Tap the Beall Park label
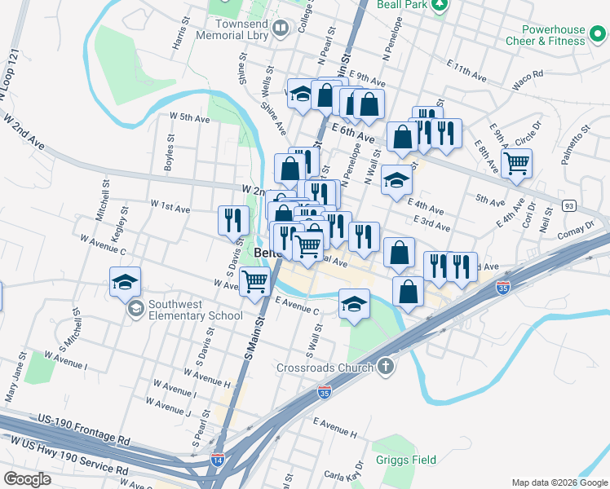click(x=403, y=5)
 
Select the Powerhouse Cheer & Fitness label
click(x=545, y=35)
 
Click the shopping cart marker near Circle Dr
click(x=516, y=163)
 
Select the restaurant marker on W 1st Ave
click(x=233, y=219)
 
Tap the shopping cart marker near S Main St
click(x=255, y=281)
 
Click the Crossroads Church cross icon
click(x=386, y=367)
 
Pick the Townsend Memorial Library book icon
click(x=281, y=29)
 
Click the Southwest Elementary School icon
click(x=135, y=309)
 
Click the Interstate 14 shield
click(x=218, y=460)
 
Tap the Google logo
click(x=27, y=478)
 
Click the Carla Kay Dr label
click(x=343, y=475)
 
